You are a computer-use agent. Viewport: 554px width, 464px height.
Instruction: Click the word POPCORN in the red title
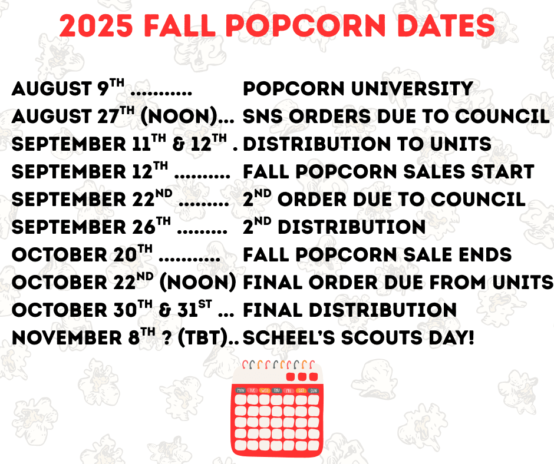[306, 26]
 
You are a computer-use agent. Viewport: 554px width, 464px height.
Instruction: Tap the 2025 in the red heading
[96, 26]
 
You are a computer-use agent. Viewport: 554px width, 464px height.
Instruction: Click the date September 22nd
[92, 198]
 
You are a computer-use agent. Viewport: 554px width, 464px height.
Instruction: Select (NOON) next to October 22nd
[198, 283]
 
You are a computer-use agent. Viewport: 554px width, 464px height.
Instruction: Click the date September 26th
[91, 226]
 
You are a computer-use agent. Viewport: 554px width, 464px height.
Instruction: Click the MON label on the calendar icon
[240, 390]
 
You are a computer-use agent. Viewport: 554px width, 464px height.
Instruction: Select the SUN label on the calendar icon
[314, 390]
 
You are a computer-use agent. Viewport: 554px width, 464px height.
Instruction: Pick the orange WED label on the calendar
[265, 390]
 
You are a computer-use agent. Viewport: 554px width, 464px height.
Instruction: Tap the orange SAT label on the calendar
[301, 390]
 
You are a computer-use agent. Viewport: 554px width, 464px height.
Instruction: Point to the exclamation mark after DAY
[470, 337]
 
